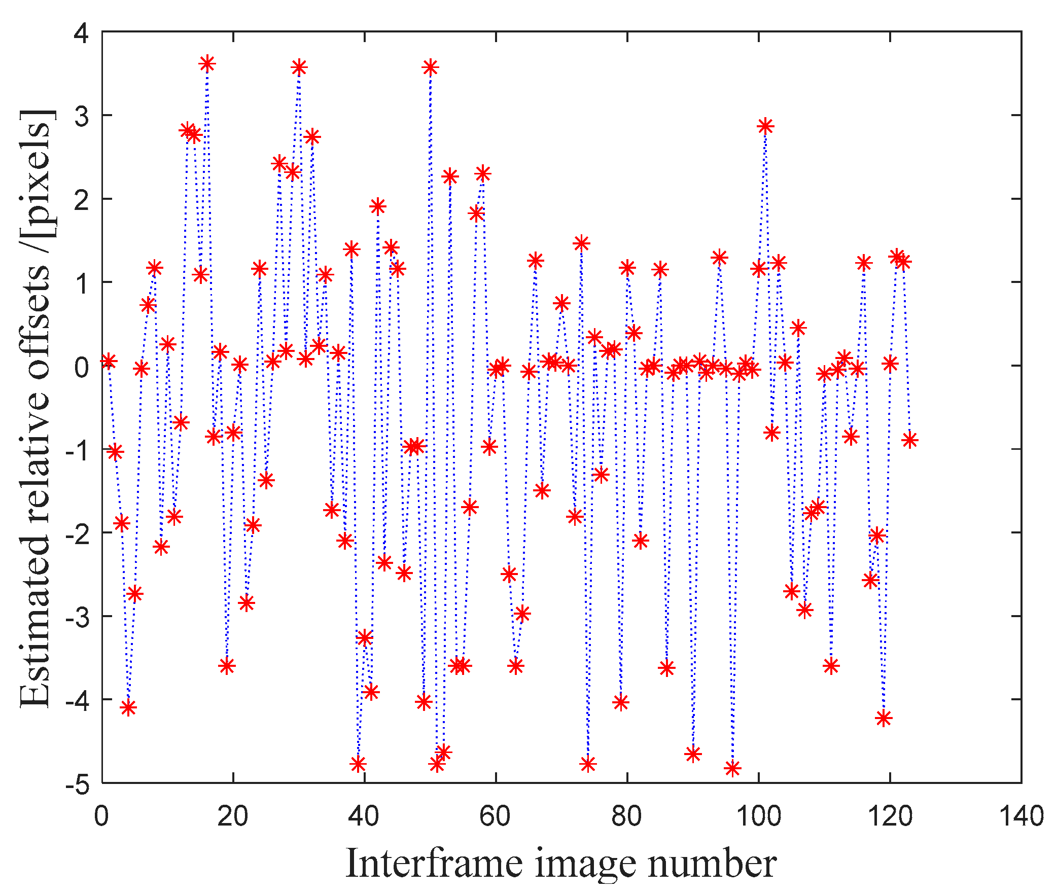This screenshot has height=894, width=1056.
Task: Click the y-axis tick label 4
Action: (x=81, y=33)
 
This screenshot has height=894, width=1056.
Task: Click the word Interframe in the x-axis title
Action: (x=434, y=864)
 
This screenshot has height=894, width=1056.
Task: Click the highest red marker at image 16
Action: (x=207, y=63)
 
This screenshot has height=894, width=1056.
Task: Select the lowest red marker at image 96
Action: (x=732, y=768)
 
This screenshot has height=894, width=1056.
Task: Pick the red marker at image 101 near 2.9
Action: (x=765, y=126)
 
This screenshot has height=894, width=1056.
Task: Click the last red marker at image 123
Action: (x=910, y=440)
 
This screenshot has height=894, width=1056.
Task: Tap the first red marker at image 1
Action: (x=109, y=361)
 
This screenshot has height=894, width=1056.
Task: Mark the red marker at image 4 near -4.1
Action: (x=128, y=707)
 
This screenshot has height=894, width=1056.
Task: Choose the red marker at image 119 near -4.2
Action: (x=884, y=718)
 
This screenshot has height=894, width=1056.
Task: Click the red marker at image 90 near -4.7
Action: (x=693, y=754)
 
